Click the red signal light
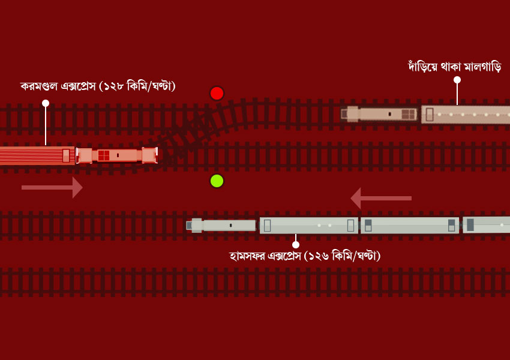coord(217,94)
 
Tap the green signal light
coord(217,181)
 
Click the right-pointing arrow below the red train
coord(52,187)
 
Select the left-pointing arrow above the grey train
coord(381,198)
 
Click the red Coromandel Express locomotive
coord(117,155)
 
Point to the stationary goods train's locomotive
coord(379,114)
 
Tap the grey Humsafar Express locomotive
coord(221,225)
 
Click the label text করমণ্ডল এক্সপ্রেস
coord(58,86)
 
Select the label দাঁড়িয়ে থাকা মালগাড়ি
coord(455,67)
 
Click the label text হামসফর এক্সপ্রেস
coord(265,256)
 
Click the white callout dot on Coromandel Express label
coord(46,103)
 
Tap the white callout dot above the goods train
coord(457,80)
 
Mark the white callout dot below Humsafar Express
coord(296,245)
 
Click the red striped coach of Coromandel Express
coord(37,155)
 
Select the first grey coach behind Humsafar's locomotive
coord(308,225)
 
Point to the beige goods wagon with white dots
coord(466,115)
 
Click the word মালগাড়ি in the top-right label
coord(482,67)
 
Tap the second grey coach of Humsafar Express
coord(410,225)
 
